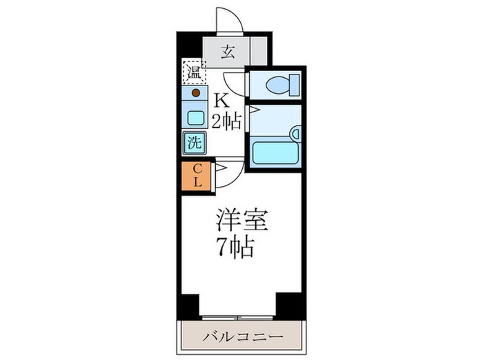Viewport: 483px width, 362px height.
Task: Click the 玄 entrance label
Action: [x=227, y=51]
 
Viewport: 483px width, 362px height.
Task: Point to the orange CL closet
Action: [x=197, y=177]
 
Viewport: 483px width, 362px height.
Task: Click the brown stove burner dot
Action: [x=196, y=92]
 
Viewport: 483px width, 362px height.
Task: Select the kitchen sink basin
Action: [x=196, y=117]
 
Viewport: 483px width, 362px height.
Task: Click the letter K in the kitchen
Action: [x=224, y=99]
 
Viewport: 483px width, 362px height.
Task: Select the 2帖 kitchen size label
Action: [x=226, y=123]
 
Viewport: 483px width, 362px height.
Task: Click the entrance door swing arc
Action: [x=229, y=19]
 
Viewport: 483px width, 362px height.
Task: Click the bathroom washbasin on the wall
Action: [x=295, y=134]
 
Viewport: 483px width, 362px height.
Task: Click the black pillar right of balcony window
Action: [x=290, y=305]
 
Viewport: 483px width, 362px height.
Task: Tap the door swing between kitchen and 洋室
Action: [x=226, y=172]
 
